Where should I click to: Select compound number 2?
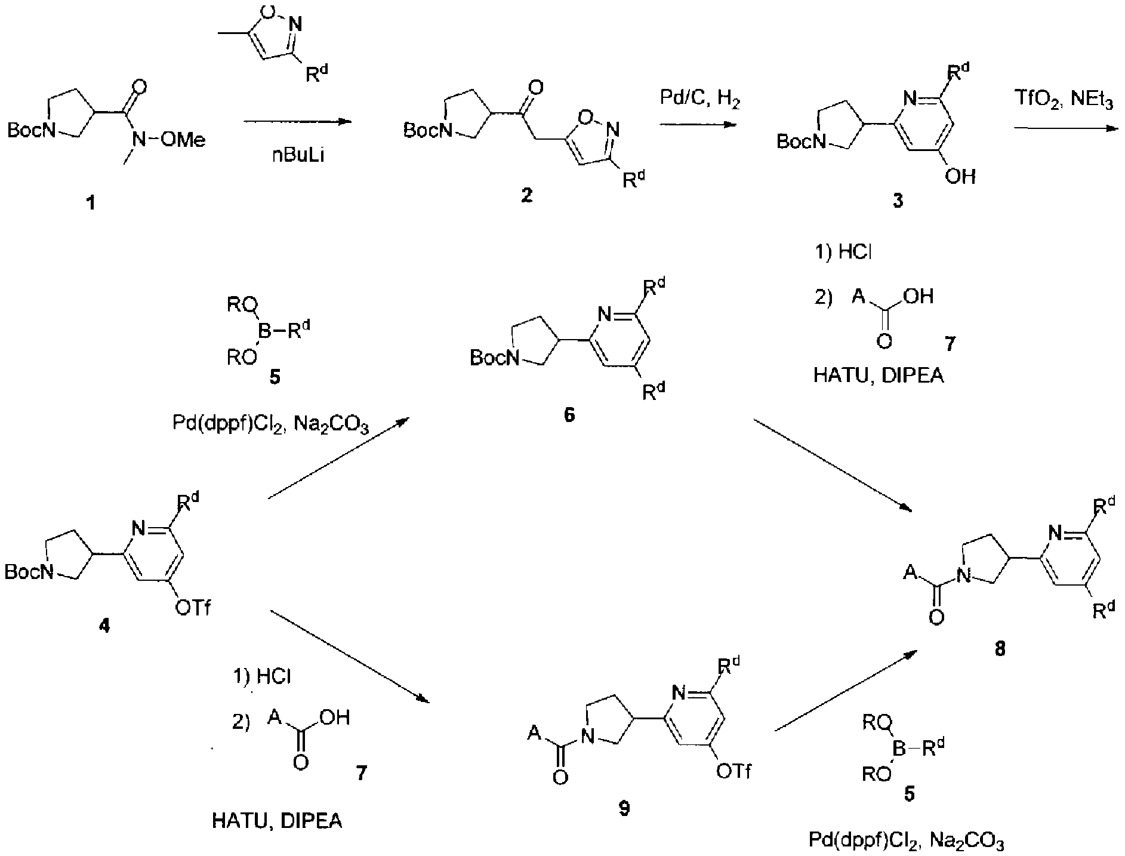tap(526, 195)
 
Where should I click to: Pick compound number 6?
tap(569, 415)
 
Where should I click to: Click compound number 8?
tap(1000, 649)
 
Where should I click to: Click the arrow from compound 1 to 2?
tap(296, 122)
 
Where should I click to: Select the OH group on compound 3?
tap(960, 175)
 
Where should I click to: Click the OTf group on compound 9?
tap(733, 771)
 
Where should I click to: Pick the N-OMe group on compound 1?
tap(169, 140)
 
